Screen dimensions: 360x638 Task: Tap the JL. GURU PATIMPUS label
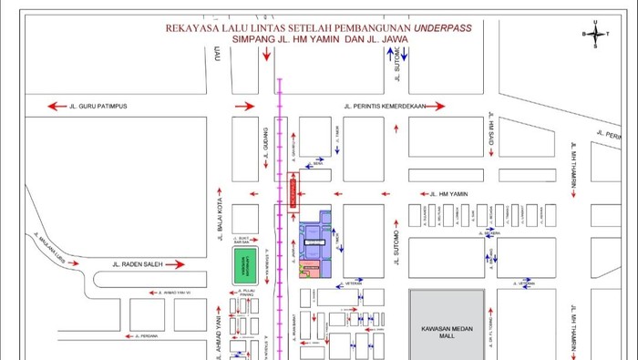pyautogui.click(x=99, y=107)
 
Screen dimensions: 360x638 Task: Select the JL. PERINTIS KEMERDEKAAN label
pyautogui.click(x=383, y=107)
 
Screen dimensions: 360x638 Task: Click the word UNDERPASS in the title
pyautogui.click(x=442, y=27)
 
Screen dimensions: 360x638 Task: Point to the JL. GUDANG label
pyautogui.click(x=265, y=149)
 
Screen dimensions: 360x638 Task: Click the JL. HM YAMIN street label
pyautogui.click(x=448, y=193)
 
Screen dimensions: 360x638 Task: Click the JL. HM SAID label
pyautogui.click(x=490, y=133)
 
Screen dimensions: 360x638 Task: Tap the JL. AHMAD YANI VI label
pyautogui.click(x=181, y=293)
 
